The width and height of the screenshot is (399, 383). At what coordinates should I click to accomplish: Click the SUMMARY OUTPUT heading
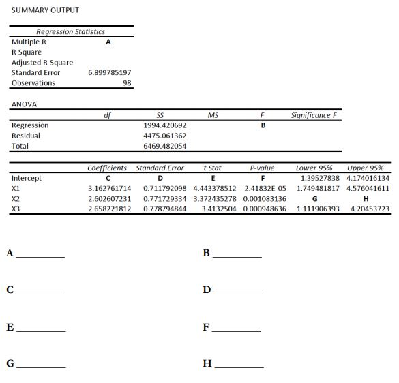[45, 10]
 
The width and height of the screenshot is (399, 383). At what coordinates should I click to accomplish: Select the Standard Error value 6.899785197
[110, 72]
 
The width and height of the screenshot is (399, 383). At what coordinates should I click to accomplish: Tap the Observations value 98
[127, 83]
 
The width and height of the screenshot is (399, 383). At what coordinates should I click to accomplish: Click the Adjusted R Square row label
[42, 62]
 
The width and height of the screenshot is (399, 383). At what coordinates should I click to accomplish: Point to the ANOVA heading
[24, 104]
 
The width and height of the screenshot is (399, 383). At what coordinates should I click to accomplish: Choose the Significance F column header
[314, 115]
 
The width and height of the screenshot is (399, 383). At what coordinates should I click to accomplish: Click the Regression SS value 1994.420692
[165, 125]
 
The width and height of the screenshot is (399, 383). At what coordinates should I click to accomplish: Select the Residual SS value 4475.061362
[165, 136]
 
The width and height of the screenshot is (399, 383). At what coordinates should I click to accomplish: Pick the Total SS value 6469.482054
[165, 146]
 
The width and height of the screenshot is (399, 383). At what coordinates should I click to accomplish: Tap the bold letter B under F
[262, 125]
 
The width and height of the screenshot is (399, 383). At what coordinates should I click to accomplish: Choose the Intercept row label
[27, 178]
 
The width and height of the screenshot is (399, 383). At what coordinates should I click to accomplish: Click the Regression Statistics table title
[71, 31]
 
